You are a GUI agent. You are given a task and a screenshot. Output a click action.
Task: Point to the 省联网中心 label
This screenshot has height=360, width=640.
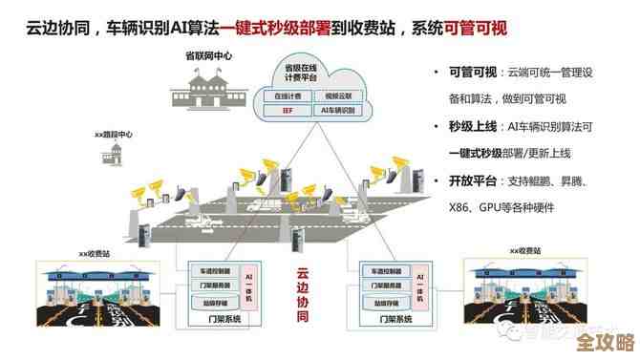[x=208, y=56]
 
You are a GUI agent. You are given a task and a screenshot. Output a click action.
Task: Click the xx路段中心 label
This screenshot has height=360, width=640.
[x=113, y=135]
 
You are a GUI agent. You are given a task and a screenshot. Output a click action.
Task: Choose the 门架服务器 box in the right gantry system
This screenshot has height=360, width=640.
[x=381, y=286]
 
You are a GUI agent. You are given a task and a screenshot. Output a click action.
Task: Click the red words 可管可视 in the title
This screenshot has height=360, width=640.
[x=476, y=29]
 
